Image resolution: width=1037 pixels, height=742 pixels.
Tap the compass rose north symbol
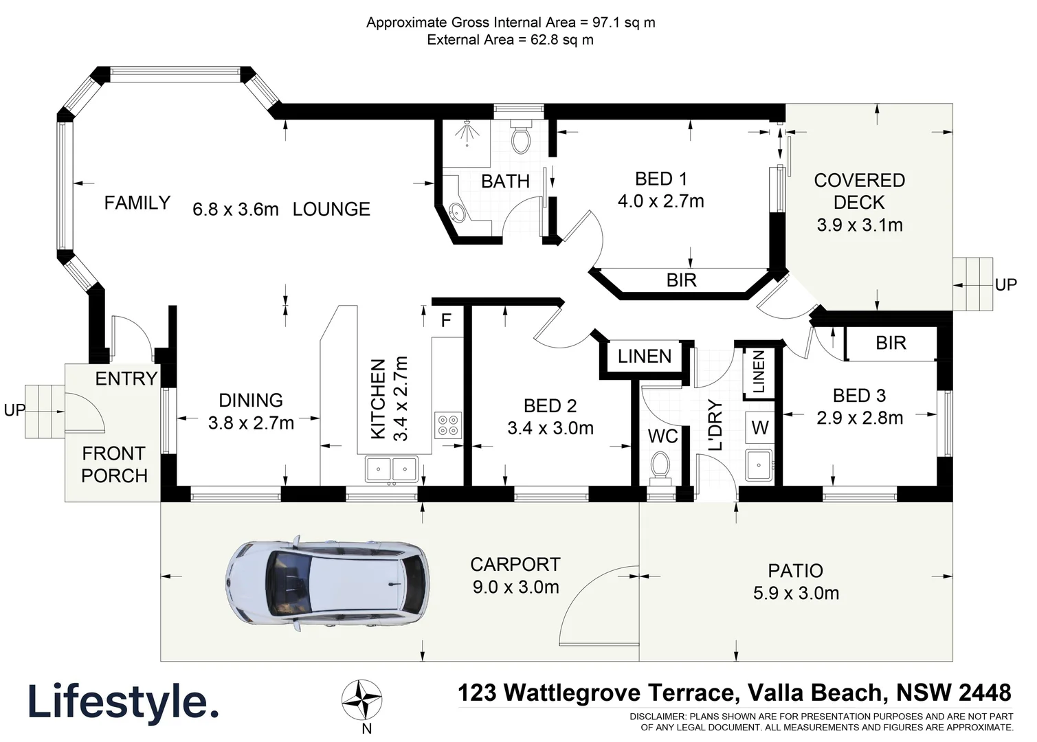362,700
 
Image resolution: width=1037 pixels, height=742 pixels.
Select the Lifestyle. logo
123,701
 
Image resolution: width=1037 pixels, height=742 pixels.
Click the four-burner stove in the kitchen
447,425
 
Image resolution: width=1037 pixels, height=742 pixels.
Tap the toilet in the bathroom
522,138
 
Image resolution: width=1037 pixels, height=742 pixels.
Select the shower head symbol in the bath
467,132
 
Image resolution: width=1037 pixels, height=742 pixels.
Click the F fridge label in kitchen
446,321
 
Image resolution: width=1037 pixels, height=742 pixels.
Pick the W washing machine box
759,428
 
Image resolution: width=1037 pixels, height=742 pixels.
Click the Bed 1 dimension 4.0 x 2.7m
660,201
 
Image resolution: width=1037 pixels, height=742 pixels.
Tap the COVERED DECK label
859,191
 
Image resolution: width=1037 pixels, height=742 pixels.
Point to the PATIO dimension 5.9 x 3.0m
796,593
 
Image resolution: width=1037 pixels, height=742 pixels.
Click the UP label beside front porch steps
14,410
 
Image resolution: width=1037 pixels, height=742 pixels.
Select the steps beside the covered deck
972,284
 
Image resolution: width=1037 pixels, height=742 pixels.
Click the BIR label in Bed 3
891,343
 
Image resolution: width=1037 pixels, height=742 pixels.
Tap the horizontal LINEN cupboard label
644,356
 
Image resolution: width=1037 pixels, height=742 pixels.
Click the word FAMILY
137,203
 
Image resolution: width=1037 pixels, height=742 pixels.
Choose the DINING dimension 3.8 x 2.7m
251,423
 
